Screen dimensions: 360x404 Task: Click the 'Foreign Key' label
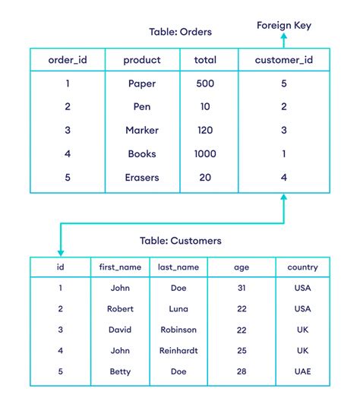coord(283,25)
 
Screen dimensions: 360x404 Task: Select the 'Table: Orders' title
coord(179,32)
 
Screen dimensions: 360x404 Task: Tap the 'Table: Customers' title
coord(181,241)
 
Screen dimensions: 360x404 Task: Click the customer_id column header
coord(283,60)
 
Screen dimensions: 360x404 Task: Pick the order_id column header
coord(67,60)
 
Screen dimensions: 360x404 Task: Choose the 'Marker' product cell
coord(142,131)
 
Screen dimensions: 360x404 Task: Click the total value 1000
coord(205,153)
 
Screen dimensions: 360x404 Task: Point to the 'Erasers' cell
coord(142,177)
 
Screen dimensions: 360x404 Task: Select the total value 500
coord(205,84)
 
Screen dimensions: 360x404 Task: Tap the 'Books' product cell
coord(142,153)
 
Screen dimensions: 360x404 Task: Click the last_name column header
coord(178,267)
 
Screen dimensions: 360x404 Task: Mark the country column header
coord(302,267)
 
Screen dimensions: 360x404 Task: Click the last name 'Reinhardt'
coord(178,351)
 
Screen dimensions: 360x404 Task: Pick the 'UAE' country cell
coord(302,372)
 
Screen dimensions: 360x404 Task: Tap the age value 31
coord(240,289)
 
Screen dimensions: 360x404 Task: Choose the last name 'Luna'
coord(178,309)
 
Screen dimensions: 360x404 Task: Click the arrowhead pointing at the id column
coord(60,252)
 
